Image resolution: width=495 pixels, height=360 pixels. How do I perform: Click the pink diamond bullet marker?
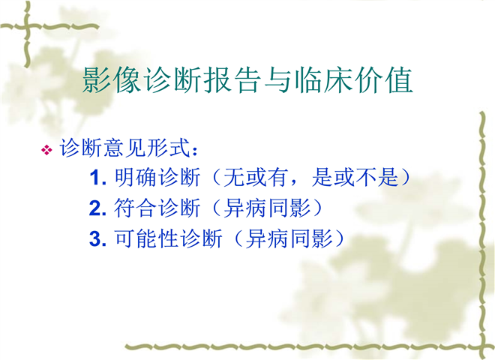(x=46, y=150)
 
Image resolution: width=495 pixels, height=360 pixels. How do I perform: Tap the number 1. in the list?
(x=97, y=178)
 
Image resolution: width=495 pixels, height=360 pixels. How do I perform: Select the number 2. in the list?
(x=97, y=208)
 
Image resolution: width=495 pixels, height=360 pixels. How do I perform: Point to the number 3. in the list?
(x=97, y=239)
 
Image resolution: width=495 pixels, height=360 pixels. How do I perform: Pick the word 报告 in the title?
(x=232, y=80)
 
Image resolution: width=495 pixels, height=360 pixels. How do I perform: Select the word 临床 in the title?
(x=323, y=80)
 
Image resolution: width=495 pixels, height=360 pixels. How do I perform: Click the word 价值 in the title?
(x=384, y=80)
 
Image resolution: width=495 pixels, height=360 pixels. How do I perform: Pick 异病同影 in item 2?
(x=267, y=208)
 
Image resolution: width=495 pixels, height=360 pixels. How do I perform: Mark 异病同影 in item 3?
(x=289, y=238)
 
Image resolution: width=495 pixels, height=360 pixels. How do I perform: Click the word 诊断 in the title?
(x=172, y=80)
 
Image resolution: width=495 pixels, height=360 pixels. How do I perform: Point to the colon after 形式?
(x=195, y=151)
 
